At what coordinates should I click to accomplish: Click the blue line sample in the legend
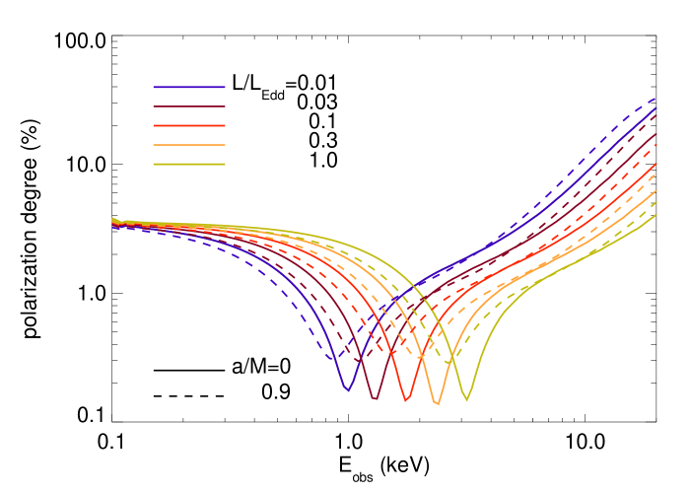tap(189, 88)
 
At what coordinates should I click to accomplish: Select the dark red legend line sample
tap(189, 106)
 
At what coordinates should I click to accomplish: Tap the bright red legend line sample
tap(189, 125)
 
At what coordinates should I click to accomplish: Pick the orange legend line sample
tap(189, 145)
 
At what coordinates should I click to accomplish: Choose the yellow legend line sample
tap(189, 164)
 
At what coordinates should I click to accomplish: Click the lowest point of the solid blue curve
tap(347, 390)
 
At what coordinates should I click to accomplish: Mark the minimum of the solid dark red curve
tap(375, 399)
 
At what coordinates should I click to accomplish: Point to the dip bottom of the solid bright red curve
tap(406, 401)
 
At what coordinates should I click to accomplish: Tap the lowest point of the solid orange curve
tap(438, 404)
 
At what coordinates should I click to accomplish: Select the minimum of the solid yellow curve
tap(467, 400)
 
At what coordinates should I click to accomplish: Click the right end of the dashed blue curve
tap(656, 98)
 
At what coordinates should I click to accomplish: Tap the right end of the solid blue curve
tap(656, 108)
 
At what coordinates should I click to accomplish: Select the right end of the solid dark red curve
tap(656, 134)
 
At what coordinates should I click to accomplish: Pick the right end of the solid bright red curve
tap(656, 164)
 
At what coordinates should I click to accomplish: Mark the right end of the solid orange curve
tap(656, 190)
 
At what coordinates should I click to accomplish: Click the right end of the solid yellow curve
tap(656, 215)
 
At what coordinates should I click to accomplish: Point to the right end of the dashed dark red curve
tap(656, 115)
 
